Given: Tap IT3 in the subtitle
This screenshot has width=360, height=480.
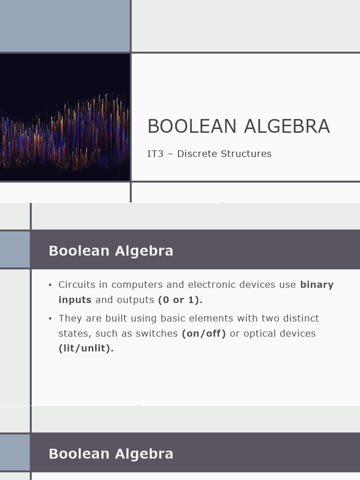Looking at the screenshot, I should tap(155, 154).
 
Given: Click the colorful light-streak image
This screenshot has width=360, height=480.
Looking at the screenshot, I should tap(65, 117).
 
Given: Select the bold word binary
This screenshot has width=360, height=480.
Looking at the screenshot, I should tap(317, 285).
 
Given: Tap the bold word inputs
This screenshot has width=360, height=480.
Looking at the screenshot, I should tap(75, 300).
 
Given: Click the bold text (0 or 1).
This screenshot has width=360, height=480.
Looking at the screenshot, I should tap(180, 300).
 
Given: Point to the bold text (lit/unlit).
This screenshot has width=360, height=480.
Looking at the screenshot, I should tap(86, 348).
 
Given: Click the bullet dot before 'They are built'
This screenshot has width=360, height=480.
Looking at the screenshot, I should tap(50, 319).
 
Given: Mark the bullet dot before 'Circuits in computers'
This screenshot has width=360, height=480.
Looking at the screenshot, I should tap(50, 285).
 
